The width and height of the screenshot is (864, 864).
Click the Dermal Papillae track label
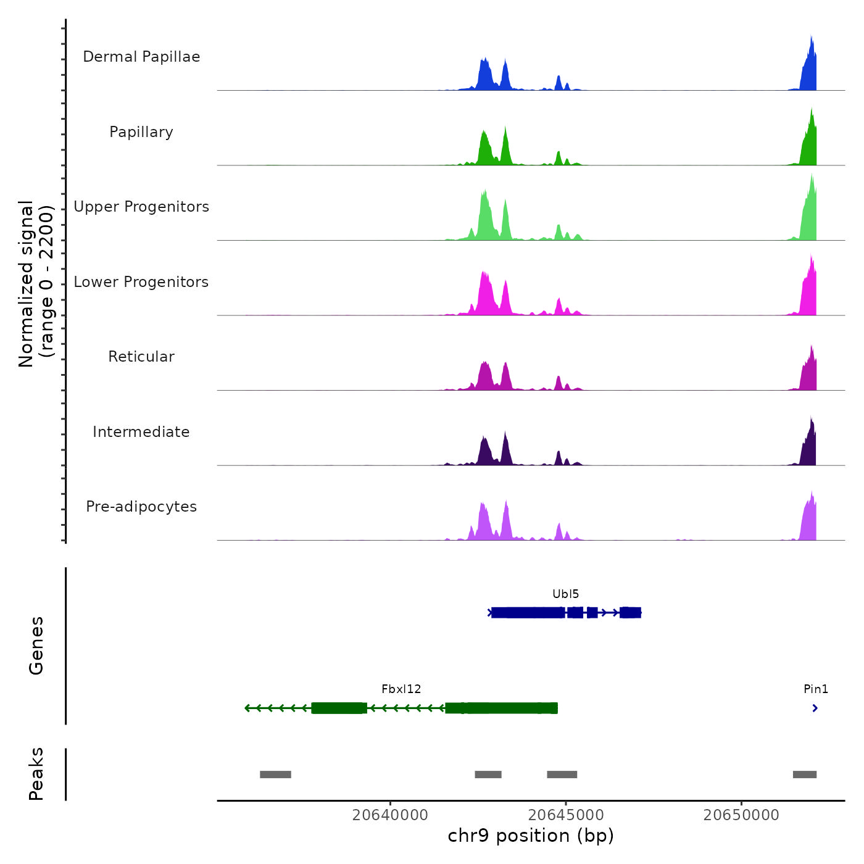[141, 57]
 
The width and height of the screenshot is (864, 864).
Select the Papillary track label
[141, 132]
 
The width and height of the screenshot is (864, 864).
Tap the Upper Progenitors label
[141, 207]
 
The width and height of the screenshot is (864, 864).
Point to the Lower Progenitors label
[141, 282]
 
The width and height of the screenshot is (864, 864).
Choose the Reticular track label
[141, 357]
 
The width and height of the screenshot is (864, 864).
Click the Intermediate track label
[141, 432]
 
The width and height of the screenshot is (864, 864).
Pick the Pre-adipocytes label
[141, 507]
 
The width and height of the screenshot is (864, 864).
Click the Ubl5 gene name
[565, 594]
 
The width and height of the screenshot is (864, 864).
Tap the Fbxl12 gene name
[401, 689]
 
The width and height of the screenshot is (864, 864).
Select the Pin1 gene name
[815, 689]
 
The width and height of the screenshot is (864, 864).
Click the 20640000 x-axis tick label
[390, 815]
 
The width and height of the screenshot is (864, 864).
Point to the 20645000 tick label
[566, 815]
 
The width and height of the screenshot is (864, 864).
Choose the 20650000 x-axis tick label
[741, 815]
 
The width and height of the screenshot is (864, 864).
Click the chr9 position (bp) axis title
[531, 836]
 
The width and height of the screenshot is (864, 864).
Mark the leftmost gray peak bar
[275, 775]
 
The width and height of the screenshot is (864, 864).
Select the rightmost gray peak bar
[804, 775]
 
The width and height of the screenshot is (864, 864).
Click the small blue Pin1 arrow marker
[815, 708]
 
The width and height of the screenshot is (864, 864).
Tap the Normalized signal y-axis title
[36, 284]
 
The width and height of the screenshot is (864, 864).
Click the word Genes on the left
[36, 646]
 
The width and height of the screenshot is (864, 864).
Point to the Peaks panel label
[36, 774]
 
